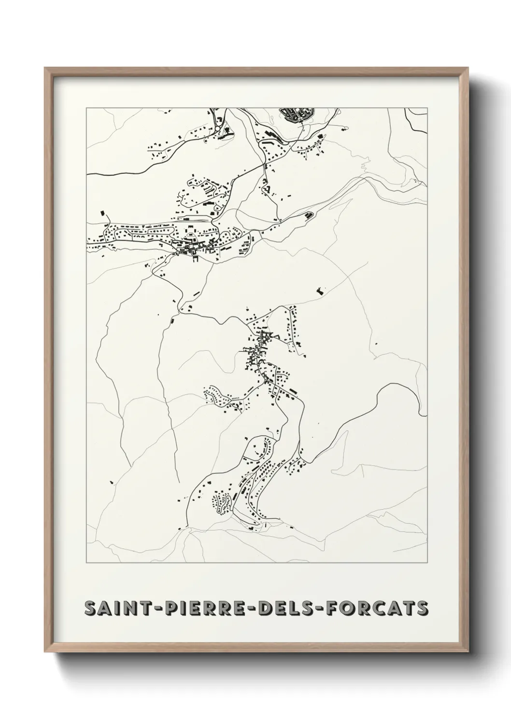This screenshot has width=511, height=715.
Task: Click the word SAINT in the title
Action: click(x=113, y=609)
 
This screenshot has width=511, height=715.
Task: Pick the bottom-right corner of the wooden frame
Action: click(x=467, y=651)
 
